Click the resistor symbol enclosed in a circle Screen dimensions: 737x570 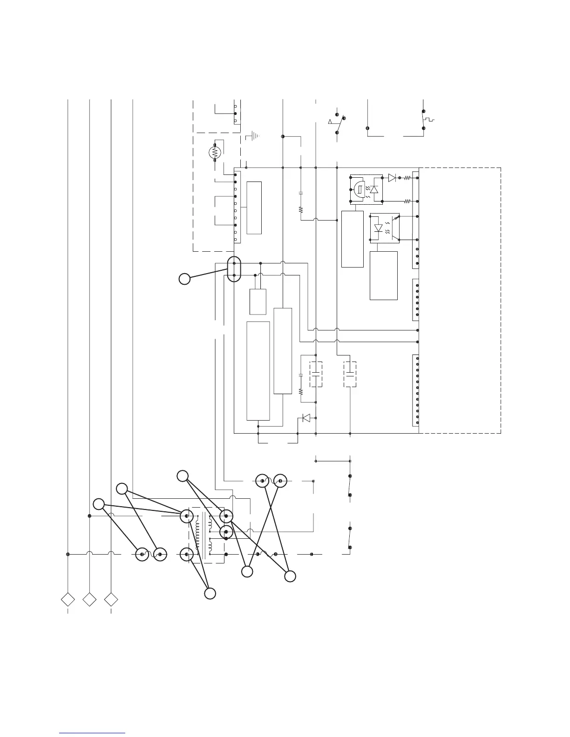[215, 152]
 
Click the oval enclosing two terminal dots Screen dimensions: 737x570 [234, 269]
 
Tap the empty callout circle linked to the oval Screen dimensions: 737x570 [184, 279]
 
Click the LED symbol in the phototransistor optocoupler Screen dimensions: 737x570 [378, 228]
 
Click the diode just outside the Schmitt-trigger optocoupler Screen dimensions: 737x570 [392, 177]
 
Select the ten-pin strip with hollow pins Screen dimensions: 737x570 [237, 207]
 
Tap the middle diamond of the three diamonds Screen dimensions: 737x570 [89, 599]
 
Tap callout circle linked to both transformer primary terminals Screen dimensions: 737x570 [210, 593]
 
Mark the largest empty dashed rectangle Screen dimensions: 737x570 [460, 301]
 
